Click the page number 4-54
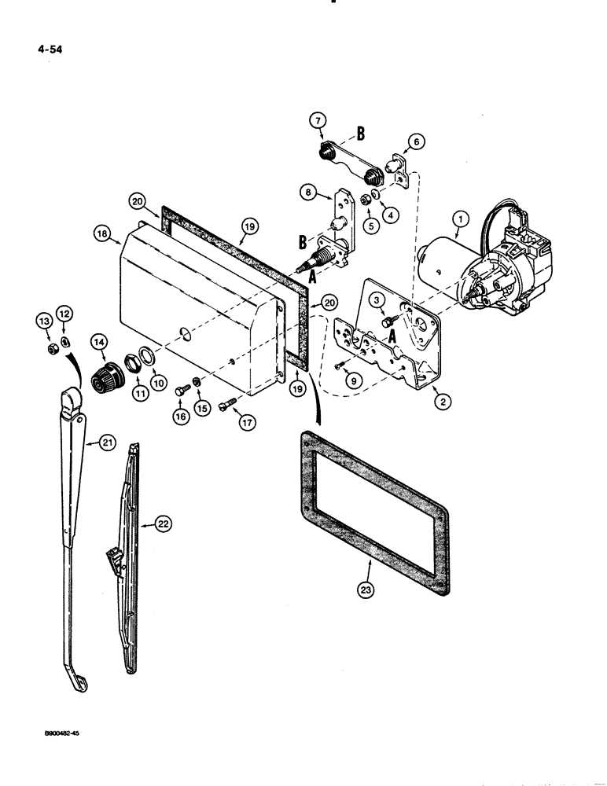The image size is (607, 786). pyautogui.click(x=48, y=49)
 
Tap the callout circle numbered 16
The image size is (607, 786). pyautogui.click(x=182, y=417)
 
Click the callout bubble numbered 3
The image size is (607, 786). pyautogui.click(x=377, y=299)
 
